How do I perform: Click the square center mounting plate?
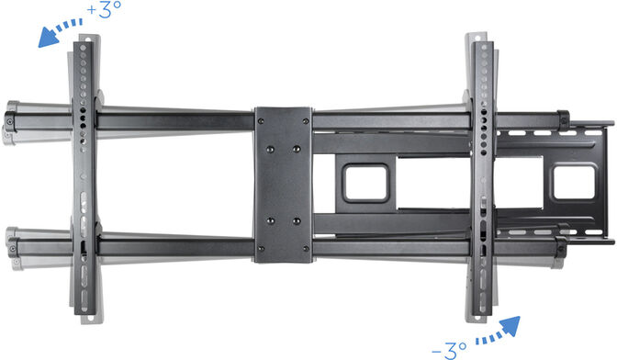(284, 185)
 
